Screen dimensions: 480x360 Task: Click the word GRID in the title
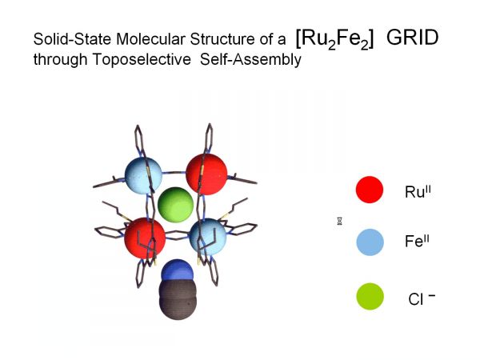pos(412,38)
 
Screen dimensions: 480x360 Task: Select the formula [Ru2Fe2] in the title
pos(335,39)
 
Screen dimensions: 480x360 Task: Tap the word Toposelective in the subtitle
pos(142,58)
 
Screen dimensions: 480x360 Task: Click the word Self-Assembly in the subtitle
pos(250,59)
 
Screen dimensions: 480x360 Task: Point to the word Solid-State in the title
pos(72,39)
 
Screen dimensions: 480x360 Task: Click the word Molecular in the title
pos(150,39)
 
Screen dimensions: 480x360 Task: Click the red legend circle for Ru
pos(370,190)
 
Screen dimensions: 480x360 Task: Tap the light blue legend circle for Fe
pos(370,242)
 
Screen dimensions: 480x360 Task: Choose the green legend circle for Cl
pos(370,296)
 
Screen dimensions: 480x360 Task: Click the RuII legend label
pos(418,192)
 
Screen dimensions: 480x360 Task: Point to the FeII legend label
pos(417,241)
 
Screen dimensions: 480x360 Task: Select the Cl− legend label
pos(422,298)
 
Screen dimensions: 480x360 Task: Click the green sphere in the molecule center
pos(175,205)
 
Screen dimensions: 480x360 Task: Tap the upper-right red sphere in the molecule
pos(206,174)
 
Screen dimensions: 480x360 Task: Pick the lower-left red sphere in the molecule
pos(145,238)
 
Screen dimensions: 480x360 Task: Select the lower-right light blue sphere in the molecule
pos(208,237)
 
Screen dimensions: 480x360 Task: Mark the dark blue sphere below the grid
pos(177,270)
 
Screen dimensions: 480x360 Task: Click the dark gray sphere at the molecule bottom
pos(178,300)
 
